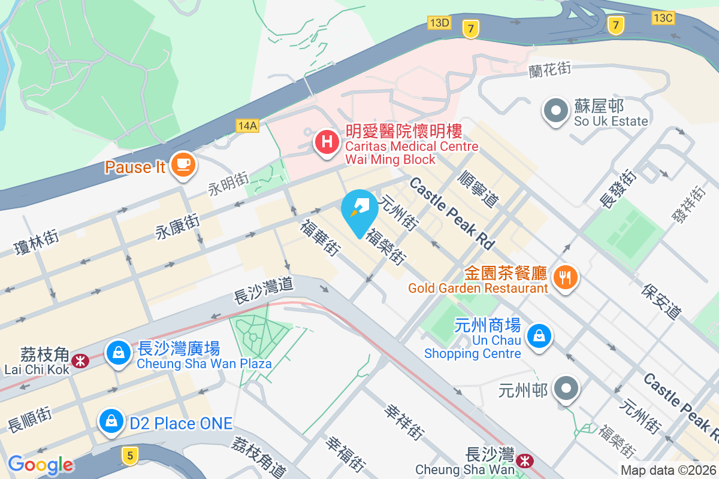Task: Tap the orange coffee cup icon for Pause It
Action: click(183, 163)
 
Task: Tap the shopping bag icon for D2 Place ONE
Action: click(111, 421)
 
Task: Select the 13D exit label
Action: click(439, 23)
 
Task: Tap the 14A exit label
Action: click(247, 125)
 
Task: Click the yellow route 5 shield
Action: click(129, 456)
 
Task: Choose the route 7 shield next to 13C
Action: click(615, 25)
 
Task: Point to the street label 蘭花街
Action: click(549, 69)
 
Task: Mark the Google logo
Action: click(40, 465)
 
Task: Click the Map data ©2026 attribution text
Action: click(667, 471)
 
